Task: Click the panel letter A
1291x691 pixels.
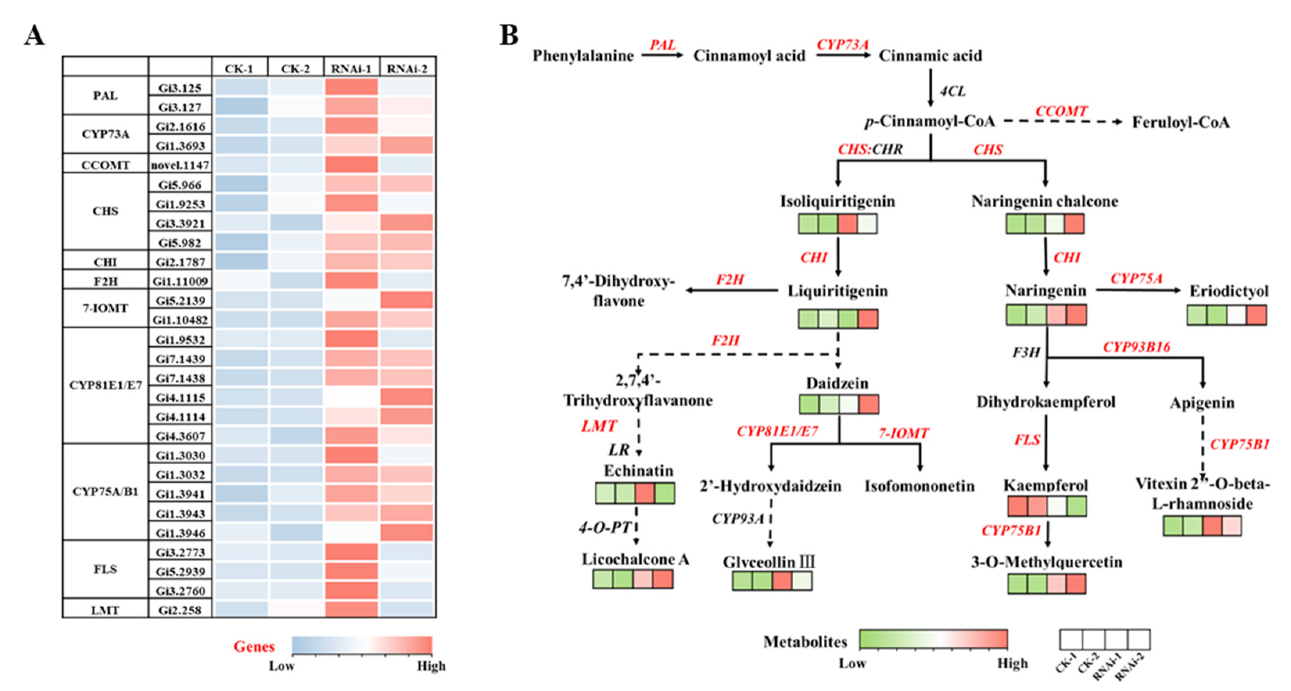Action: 34,36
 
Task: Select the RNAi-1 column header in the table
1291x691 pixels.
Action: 351,68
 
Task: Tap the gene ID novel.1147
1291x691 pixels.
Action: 180,165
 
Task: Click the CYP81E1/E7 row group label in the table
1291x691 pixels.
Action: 105,385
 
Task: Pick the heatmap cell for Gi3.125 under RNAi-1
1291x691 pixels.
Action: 351,87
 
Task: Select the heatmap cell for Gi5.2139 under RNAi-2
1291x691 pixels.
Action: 407,300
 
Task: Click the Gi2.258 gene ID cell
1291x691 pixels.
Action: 180,610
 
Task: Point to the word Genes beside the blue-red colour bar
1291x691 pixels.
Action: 254,646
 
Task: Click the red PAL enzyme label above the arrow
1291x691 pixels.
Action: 663,45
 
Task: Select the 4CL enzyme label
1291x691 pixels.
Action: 952,91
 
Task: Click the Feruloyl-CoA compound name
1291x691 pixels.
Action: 1181,122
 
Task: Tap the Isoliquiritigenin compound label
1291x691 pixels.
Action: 837,201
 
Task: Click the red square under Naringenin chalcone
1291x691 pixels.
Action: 1074,224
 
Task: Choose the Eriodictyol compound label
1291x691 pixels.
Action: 1229,291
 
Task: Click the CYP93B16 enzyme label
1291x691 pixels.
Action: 1136,347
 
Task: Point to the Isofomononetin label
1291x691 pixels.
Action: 920,486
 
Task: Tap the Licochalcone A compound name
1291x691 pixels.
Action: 635,559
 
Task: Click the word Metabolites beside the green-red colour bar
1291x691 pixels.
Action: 805,642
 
